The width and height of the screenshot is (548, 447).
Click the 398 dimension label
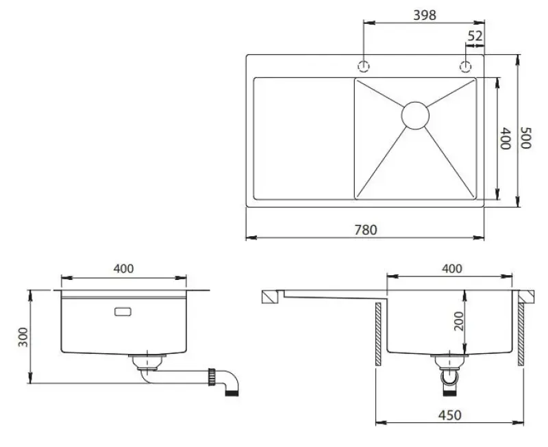tap(425, 14)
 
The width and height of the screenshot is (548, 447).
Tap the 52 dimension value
tap(475, 36)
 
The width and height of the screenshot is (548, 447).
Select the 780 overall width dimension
tap(366, 230)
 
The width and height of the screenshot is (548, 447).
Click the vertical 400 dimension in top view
tap(506, 139)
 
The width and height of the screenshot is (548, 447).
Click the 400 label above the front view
tap(123, 269)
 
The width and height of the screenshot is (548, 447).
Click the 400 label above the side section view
tap(451, 269)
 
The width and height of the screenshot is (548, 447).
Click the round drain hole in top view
tap(415, 115)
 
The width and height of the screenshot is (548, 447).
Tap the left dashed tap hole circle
tap(364, 66)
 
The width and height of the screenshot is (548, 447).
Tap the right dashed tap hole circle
tap(466, 66)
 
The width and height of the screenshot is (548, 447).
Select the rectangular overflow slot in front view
tap(125, 311)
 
